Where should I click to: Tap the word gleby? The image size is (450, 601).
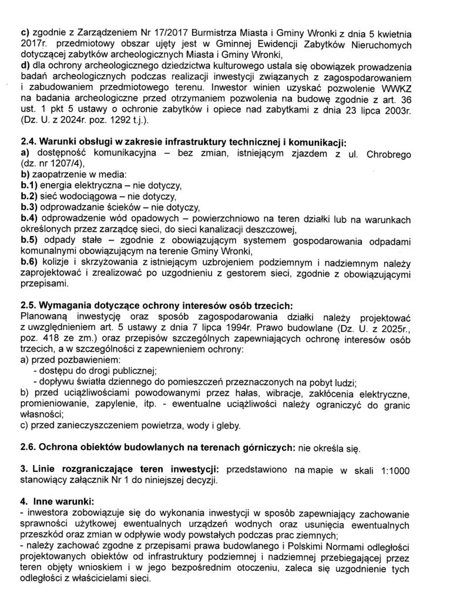tap(226, 426)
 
